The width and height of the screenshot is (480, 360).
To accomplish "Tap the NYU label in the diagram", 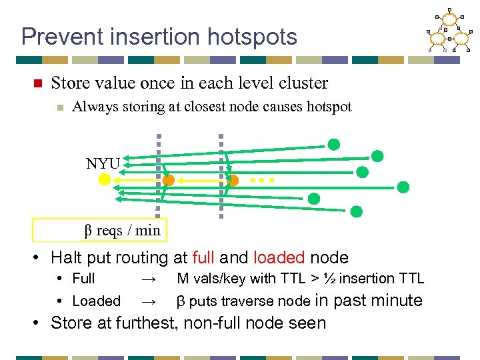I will click(x=103, y=164).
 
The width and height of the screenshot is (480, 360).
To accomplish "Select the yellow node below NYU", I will click(x=105, y=180).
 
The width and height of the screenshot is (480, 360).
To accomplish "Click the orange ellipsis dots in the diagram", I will click(x=262, y=180).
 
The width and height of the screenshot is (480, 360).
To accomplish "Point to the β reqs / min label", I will click(x=122, y=231).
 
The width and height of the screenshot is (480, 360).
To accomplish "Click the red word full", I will click(x=203, y=257).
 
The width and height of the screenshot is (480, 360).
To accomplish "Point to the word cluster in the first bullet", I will click(x=304, y=83).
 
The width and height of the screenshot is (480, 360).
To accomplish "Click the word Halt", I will click(x=66, y=257).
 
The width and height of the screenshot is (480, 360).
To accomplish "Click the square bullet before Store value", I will click(x=38, y=84).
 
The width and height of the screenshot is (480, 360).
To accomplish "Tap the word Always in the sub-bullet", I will click(x=91, y=107).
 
